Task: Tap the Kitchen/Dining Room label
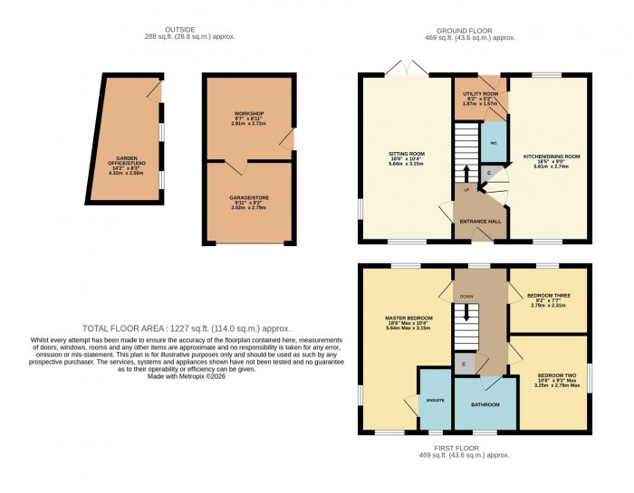coord(552,156)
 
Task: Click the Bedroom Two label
coord(551,374)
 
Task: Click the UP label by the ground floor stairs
coord(466,190)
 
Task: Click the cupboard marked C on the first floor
coord(466,365)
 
